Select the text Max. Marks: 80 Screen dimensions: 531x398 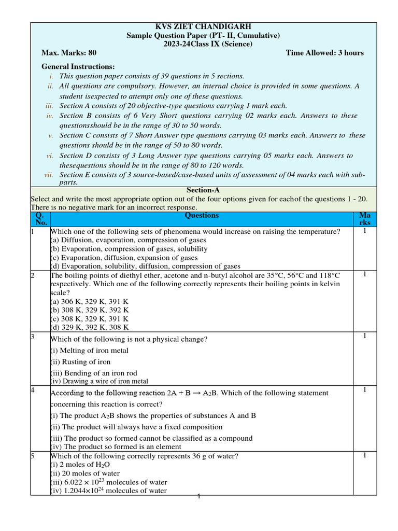pos(69,53)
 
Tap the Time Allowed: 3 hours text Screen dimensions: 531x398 pos(324,53)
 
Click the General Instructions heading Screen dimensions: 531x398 pos(78,67)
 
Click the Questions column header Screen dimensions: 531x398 pos(202,215)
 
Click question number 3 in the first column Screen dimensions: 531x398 pos(32,337)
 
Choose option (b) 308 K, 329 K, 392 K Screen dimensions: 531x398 pos(89,310)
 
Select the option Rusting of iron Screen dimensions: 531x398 pos(80,362)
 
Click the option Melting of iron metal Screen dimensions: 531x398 pos(89,351)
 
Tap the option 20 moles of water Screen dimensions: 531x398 pos(85,473)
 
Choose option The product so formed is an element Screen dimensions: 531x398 pos(116,446)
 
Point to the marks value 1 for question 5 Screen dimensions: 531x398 pos(364,455)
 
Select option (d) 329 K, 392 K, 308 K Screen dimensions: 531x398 pos(89,327)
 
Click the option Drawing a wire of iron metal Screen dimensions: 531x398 pos(99,381)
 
